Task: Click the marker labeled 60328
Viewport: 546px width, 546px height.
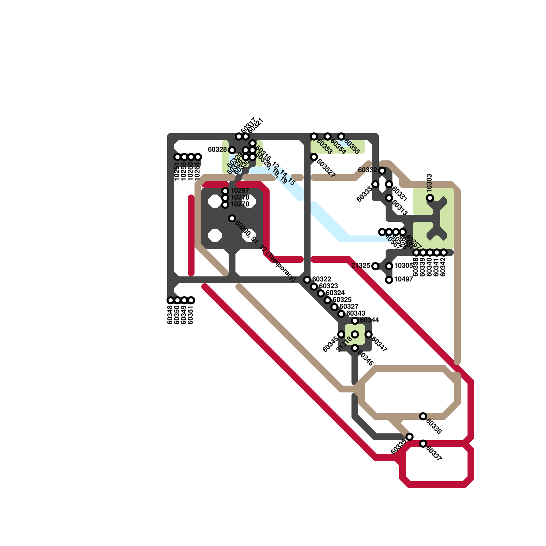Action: tap(232, 150)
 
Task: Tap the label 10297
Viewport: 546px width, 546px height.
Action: tap(240, 190)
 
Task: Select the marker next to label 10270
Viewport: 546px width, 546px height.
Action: tap(225, 205)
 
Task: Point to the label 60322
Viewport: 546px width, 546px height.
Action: tap(321, 279)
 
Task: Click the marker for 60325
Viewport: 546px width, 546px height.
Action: tap(328, 300)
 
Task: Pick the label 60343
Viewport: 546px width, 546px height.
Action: tap(356, 313)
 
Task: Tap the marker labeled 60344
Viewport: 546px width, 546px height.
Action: tap(355, 321)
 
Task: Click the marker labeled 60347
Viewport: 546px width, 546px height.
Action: tap(369, 334)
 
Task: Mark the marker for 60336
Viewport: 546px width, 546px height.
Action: tap(423, 416)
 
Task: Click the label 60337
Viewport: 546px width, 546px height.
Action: tap(434, 454)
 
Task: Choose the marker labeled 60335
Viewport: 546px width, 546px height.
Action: tap(409, 437)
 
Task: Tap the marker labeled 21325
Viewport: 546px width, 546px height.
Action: tap(375, 266)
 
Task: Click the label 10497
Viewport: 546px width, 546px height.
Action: tap(403, 279)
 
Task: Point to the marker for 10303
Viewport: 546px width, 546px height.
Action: tap(430, 198)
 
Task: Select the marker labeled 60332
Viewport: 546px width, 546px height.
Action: tap(382, 171)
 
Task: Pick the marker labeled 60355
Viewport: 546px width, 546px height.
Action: tap(341, 136)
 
